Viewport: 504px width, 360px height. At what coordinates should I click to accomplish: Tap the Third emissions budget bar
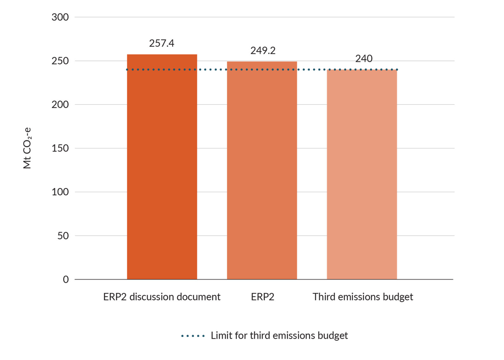click(x=362, y=174)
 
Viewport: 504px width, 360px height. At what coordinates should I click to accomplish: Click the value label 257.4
click(x=162, y=43)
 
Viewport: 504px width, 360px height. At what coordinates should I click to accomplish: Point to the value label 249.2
click(x=263, y=50)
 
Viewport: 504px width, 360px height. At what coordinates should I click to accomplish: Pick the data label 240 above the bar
click(x=364, y=59)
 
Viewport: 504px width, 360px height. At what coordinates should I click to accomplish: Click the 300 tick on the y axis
click(x=60, y=17)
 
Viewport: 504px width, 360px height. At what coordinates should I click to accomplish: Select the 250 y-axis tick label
click(x=60, y=61)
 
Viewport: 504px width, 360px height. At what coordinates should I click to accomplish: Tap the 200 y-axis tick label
click(x=60, y=105)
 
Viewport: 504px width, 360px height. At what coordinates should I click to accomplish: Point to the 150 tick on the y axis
click(x=60, y=148)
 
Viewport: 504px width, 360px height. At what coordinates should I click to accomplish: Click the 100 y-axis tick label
click(x=60, y=192)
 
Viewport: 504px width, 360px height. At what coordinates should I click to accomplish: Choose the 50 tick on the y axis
click(x=63, y=236)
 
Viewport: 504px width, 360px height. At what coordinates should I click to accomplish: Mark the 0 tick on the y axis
click(x=66, y=279)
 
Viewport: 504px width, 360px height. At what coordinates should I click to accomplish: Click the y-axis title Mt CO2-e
click(x=27, y=148)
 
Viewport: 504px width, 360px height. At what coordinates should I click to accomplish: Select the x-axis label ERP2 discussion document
click(x=162, y=297)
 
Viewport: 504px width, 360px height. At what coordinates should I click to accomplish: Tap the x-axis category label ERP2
click(x=262, y=297)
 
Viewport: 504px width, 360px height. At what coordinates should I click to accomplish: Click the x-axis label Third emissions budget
click(x=363, y=297)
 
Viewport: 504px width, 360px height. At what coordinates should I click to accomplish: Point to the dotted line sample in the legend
click(x=193, y=336)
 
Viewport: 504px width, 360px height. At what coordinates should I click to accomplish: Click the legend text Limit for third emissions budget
click(x=279, y=336)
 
